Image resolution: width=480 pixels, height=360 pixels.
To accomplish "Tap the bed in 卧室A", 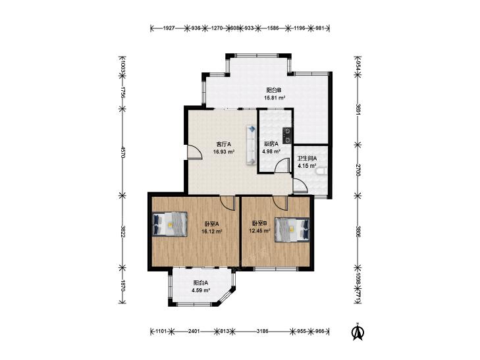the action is (170, 224).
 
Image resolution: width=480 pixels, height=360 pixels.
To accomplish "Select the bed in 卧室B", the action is (292, 230).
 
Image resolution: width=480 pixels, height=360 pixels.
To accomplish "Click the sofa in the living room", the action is (251, 145).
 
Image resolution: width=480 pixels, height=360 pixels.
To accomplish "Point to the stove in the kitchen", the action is (287, 135).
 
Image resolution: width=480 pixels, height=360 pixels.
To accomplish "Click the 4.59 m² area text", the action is (201, 290).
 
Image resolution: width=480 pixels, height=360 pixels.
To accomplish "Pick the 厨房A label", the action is (271, 143).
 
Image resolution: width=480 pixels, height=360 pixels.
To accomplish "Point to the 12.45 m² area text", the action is (259, 231).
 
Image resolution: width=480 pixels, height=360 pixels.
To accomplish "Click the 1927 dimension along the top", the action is (169, 28).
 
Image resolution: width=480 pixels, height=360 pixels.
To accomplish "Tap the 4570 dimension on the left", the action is (122, 152).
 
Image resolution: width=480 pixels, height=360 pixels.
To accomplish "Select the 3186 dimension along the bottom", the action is (262, 331).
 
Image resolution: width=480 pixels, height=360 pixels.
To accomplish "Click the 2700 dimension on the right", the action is (358, 170).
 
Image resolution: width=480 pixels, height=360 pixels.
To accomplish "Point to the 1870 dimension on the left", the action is (122, 285).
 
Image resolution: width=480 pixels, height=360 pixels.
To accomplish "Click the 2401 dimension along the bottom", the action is (194, 331).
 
